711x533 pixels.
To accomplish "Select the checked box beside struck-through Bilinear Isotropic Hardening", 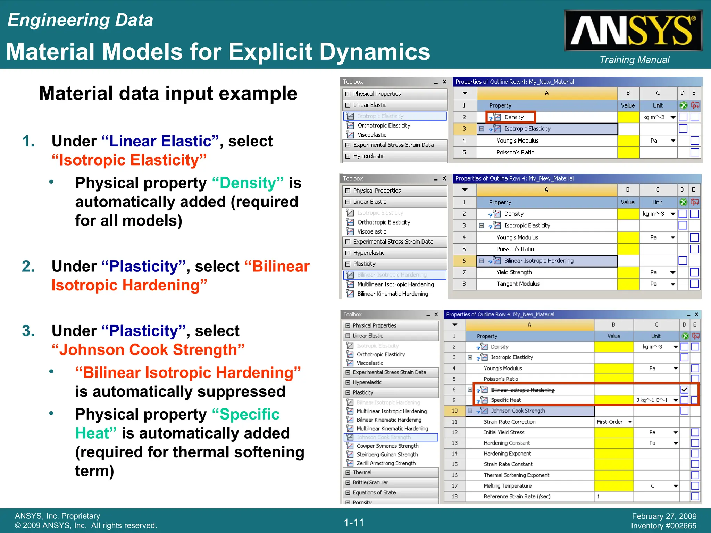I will click(x=684, y=389).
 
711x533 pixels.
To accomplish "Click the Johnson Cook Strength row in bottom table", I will click(x=518, y=411).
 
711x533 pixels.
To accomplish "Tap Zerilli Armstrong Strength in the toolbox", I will click(x=386, y=463).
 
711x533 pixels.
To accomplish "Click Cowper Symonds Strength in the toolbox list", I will click(x=387, y=446).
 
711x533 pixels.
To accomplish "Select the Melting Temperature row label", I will click(x=507, y=486).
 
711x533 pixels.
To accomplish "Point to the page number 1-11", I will click(x=354, y=523).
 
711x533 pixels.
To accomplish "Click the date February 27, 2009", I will click(x=664, y=516).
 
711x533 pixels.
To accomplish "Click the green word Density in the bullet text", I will click(x=248, y=183).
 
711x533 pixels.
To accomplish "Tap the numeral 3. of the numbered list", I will click(x=28, y=331).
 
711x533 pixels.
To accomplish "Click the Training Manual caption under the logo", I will click(x=634, y=60).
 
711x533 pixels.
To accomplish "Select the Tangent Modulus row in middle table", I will click(x=518, y=284).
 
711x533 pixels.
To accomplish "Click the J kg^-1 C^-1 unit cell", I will click(x=652, y=400).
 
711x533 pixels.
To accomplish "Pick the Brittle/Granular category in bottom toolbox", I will click(x=370, y=482).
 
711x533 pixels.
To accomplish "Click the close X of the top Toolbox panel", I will click(x=444, y=82).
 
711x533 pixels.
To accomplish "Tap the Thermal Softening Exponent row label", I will click(x=516, y=475).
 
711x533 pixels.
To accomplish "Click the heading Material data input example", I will click(x=168, y=93).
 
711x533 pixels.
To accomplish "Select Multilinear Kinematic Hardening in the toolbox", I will click(x=392, y=429).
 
